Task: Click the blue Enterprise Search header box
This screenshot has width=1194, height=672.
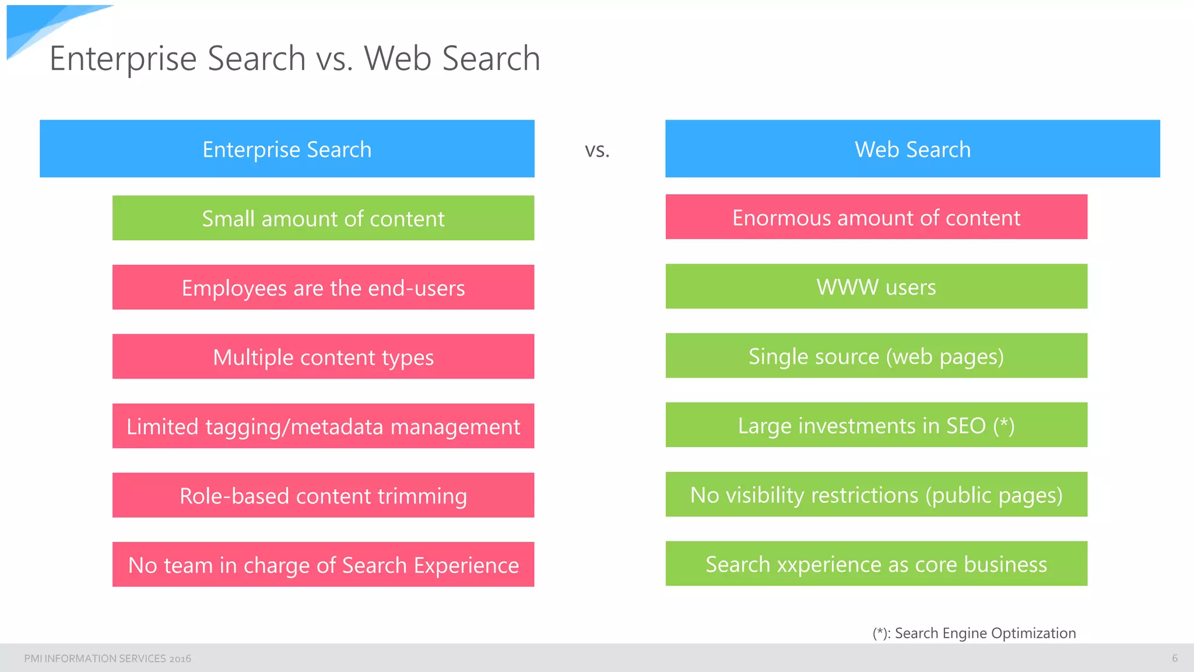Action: pyautogui.click(x=287, y=149)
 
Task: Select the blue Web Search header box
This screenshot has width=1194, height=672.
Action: pyautogui.click(x=912, y=149)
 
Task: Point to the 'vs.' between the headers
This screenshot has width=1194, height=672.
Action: pyautogui.click(x=597, y=150)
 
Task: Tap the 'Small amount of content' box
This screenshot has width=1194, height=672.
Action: pyautogui.click(x=323, y=218)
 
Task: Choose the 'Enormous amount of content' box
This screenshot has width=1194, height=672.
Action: pyautogui.click(x=876, y=217)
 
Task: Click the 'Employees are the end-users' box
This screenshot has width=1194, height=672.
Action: pyautogui.click(x=323, y=288)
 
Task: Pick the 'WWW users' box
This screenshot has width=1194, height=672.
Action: pyautogui.click(x=876, y=286)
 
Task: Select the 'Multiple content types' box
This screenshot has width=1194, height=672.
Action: pyautogui.click(x=323, y=356)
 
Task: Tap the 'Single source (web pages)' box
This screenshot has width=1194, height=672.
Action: pyautogui.click(x=876, y=356)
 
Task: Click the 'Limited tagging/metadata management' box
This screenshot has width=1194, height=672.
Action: pyautogui.click(x=323, y=426)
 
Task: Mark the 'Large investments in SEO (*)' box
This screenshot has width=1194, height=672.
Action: pyautogui.click(x=876, y=425)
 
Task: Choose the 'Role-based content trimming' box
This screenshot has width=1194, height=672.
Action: pyautogui.click(x=323, y=495)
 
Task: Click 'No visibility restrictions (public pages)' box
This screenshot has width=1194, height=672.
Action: pyautogui.click(x=876, y=495)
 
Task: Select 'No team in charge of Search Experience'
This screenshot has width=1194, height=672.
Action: pyautogui.click(x=323, y=565)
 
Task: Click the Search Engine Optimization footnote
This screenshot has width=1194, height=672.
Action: pyautogui.click(x=974, y=633)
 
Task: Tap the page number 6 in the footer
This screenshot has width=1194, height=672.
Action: pyautogui.click(x=1175, y=658)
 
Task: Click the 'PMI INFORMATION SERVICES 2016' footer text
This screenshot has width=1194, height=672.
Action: pyautogui.click(x=107, y=659)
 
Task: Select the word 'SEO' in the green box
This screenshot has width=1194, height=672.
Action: pyautogui.click(x=966, y=426)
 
